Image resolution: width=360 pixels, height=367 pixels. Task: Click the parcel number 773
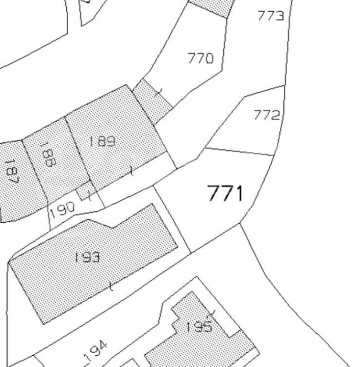pos(271,16)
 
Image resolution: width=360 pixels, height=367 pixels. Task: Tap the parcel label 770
pos(200,58)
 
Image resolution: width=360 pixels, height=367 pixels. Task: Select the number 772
pos(267,115)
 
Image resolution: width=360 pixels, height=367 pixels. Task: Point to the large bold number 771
pos(225,193)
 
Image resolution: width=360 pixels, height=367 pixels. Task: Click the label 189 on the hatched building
pos(102,141)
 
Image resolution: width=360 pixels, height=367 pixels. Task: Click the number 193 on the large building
pos(87,257)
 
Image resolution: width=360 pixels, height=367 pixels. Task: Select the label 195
pos(199,326)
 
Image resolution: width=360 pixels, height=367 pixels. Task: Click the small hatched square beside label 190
pos(86,190)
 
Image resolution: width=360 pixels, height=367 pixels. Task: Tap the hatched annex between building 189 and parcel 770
pos(152,101)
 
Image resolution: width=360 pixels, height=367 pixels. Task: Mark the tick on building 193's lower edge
pos(112,286)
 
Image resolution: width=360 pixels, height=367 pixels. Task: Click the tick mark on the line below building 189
pos(132,170)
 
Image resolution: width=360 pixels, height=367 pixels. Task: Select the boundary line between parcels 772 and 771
pos(240,151)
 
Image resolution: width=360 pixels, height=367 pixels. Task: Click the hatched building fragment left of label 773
pos(211,7)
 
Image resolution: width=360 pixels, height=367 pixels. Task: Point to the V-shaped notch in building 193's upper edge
pos(112,227)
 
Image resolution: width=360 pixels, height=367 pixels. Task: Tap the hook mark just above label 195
pos(212,313)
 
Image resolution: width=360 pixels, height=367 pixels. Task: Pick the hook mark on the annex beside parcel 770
pos(159,92)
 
